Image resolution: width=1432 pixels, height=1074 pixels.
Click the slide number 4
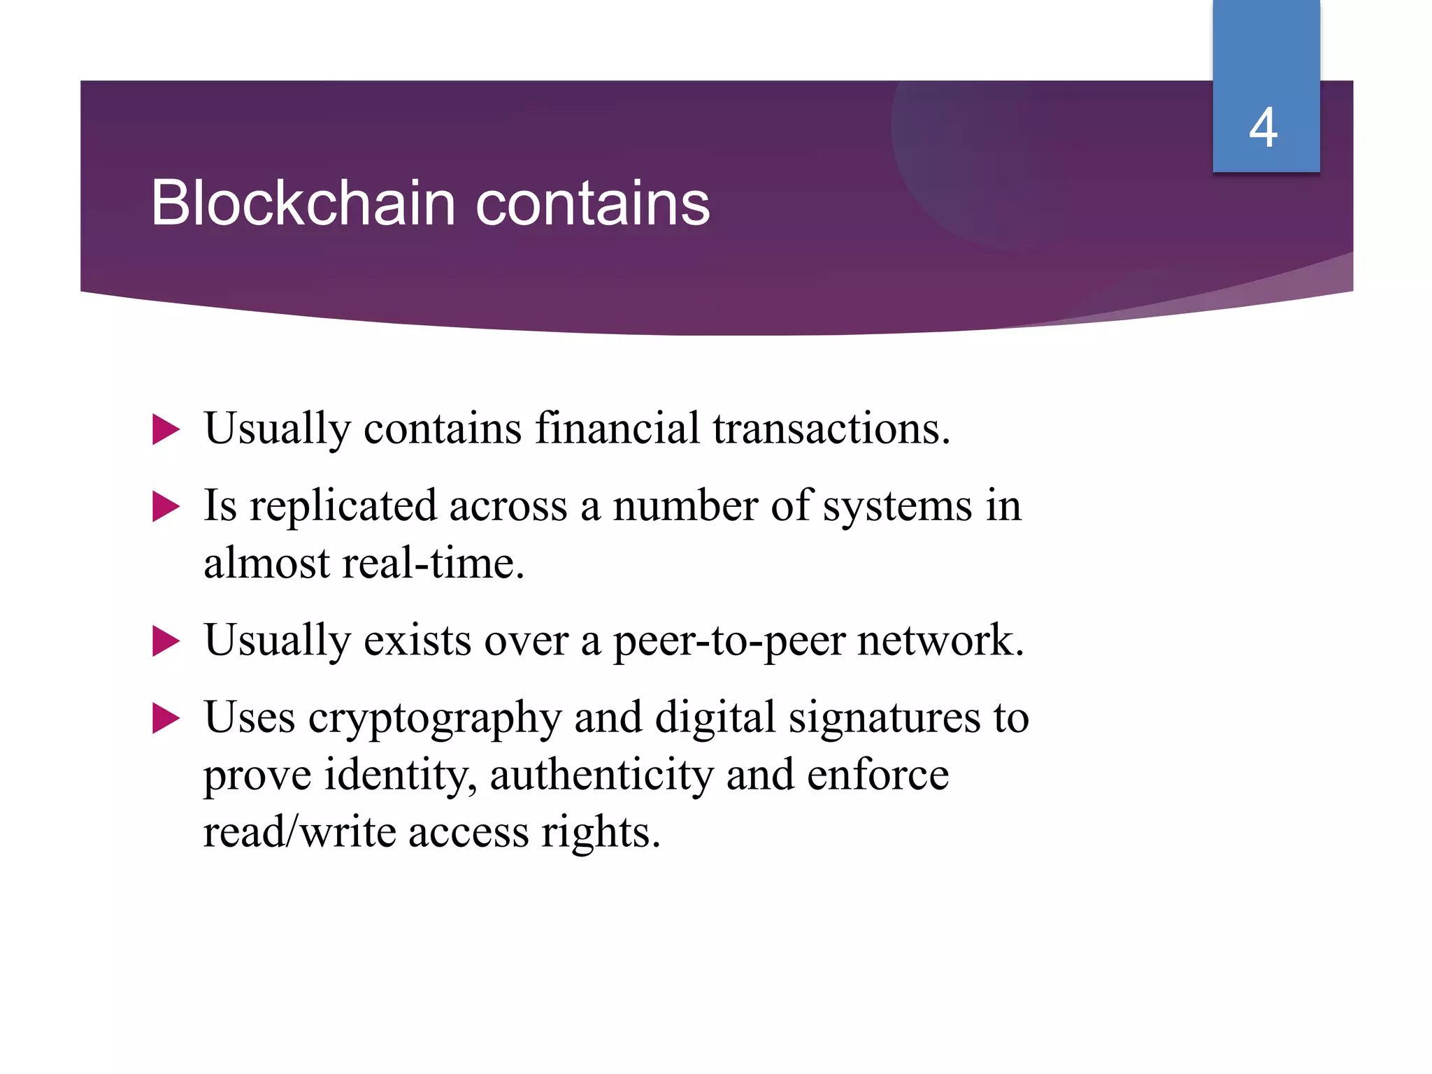(1263, 128)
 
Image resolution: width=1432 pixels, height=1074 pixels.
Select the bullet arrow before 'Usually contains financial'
(166, 429)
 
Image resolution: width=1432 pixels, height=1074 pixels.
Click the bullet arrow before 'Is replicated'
(166, 507)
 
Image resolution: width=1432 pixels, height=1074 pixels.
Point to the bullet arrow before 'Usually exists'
(166, 641)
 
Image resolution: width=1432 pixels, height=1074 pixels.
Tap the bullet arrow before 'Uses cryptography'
(166, 719)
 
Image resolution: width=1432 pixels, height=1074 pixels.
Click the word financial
(617, 428)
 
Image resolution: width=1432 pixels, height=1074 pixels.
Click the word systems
(897, 506)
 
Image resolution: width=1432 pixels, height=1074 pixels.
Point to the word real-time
(433, 564)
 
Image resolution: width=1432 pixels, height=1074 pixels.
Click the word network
(940, 640)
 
